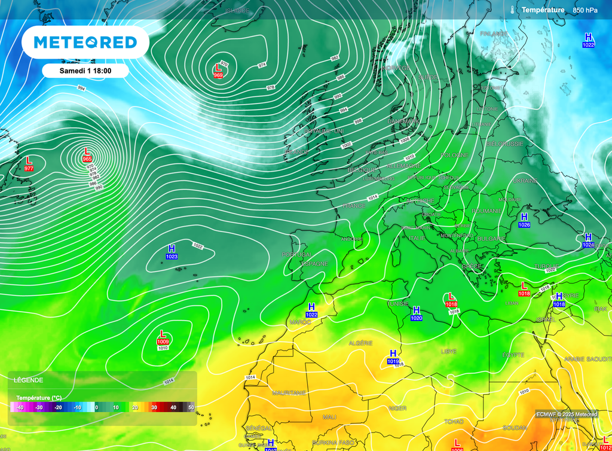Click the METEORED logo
pos(85,42)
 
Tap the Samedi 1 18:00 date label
pos(85,71)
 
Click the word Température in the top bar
pos(543,10)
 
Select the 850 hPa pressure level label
pos(585,10)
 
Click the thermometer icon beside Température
pos(513,10)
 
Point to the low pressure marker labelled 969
pos(218,71)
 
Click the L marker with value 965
pos(87,155)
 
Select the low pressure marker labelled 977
pos(29,164)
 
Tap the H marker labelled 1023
pos(172,252)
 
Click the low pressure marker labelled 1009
pos(163,337)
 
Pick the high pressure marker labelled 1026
pos(524,220)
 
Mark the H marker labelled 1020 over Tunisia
pos(416,313)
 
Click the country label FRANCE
pos(353,206)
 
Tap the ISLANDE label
pos(237,11)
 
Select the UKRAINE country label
pos(525,181)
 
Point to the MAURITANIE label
pos(289,393)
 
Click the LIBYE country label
pos(448,351)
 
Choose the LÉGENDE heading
pos(29,380)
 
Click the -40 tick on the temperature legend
pos(20,407)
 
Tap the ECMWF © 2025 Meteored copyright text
pos(566,415)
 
